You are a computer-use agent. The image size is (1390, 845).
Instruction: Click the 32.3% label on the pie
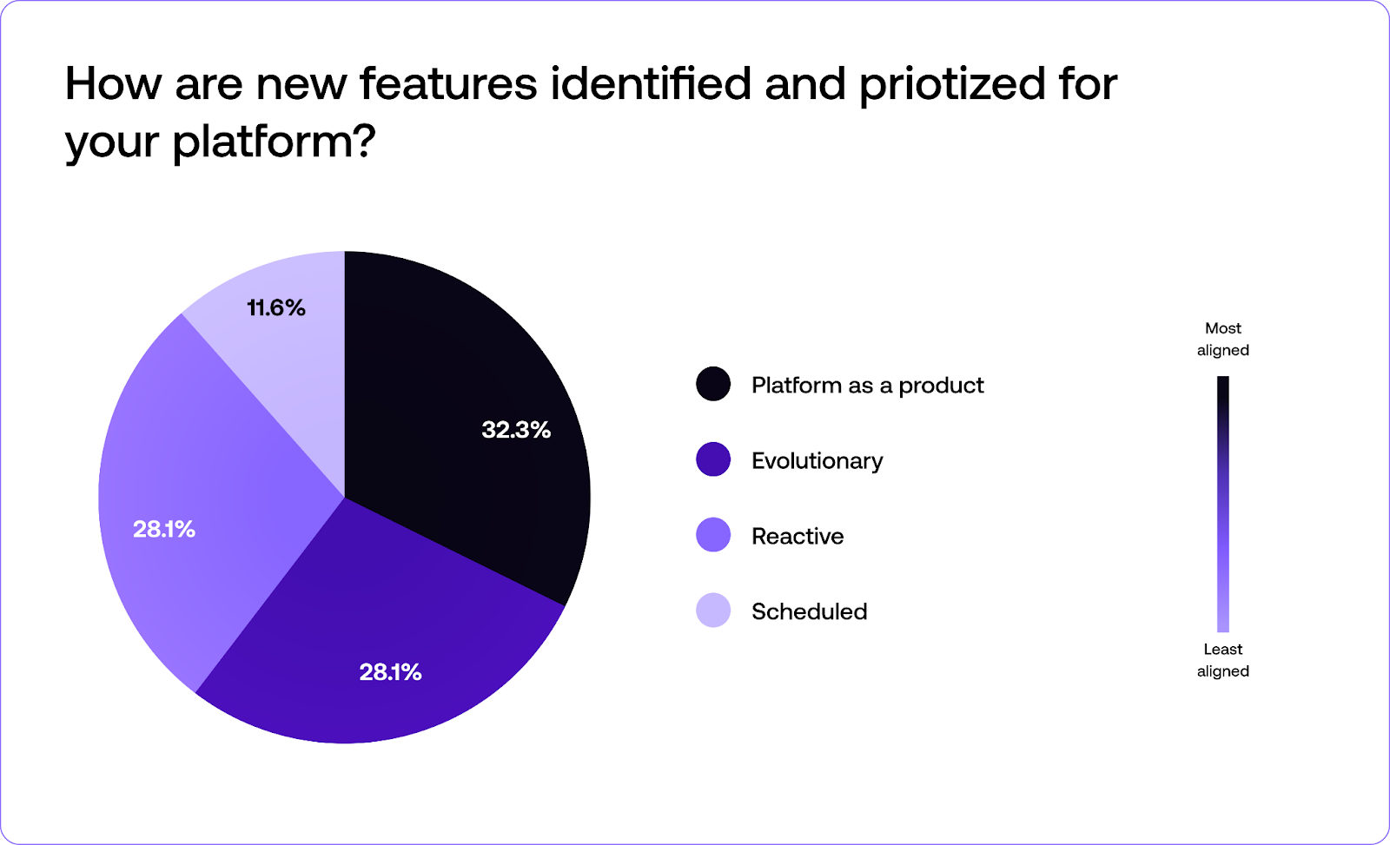point(516,430)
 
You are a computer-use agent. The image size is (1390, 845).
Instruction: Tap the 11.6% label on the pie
point(276,308)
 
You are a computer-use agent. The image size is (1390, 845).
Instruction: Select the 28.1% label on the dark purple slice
point(390,672)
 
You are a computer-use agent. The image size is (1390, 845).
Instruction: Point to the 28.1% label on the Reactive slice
point(164,530)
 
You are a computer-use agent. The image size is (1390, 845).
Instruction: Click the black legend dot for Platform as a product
point(713,384)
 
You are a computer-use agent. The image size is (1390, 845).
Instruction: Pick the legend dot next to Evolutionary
point(713,459)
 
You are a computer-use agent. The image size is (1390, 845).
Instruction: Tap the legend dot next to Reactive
point(713,535)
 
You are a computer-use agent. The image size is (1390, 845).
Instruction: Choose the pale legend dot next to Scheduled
point(713,611)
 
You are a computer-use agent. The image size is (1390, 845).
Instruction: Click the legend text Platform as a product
point(867,386)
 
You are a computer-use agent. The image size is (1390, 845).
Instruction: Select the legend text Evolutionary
point(817,461)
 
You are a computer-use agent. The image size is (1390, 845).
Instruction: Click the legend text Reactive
point(798,537)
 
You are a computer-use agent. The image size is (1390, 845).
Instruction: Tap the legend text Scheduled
point(809,612)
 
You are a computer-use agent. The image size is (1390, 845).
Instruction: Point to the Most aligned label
point(1222,340)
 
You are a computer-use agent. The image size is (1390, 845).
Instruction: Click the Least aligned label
point(1222,660)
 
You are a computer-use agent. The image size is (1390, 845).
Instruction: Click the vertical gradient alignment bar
point(1222,504)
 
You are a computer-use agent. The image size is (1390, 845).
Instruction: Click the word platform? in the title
point(274,142)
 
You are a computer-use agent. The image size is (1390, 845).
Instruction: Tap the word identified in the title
point(651,84)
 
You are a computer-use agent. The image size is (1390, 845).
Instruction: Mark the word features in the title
point(448,84)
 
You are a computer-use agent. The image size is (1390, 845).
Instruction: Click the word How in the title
point(113,84)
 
